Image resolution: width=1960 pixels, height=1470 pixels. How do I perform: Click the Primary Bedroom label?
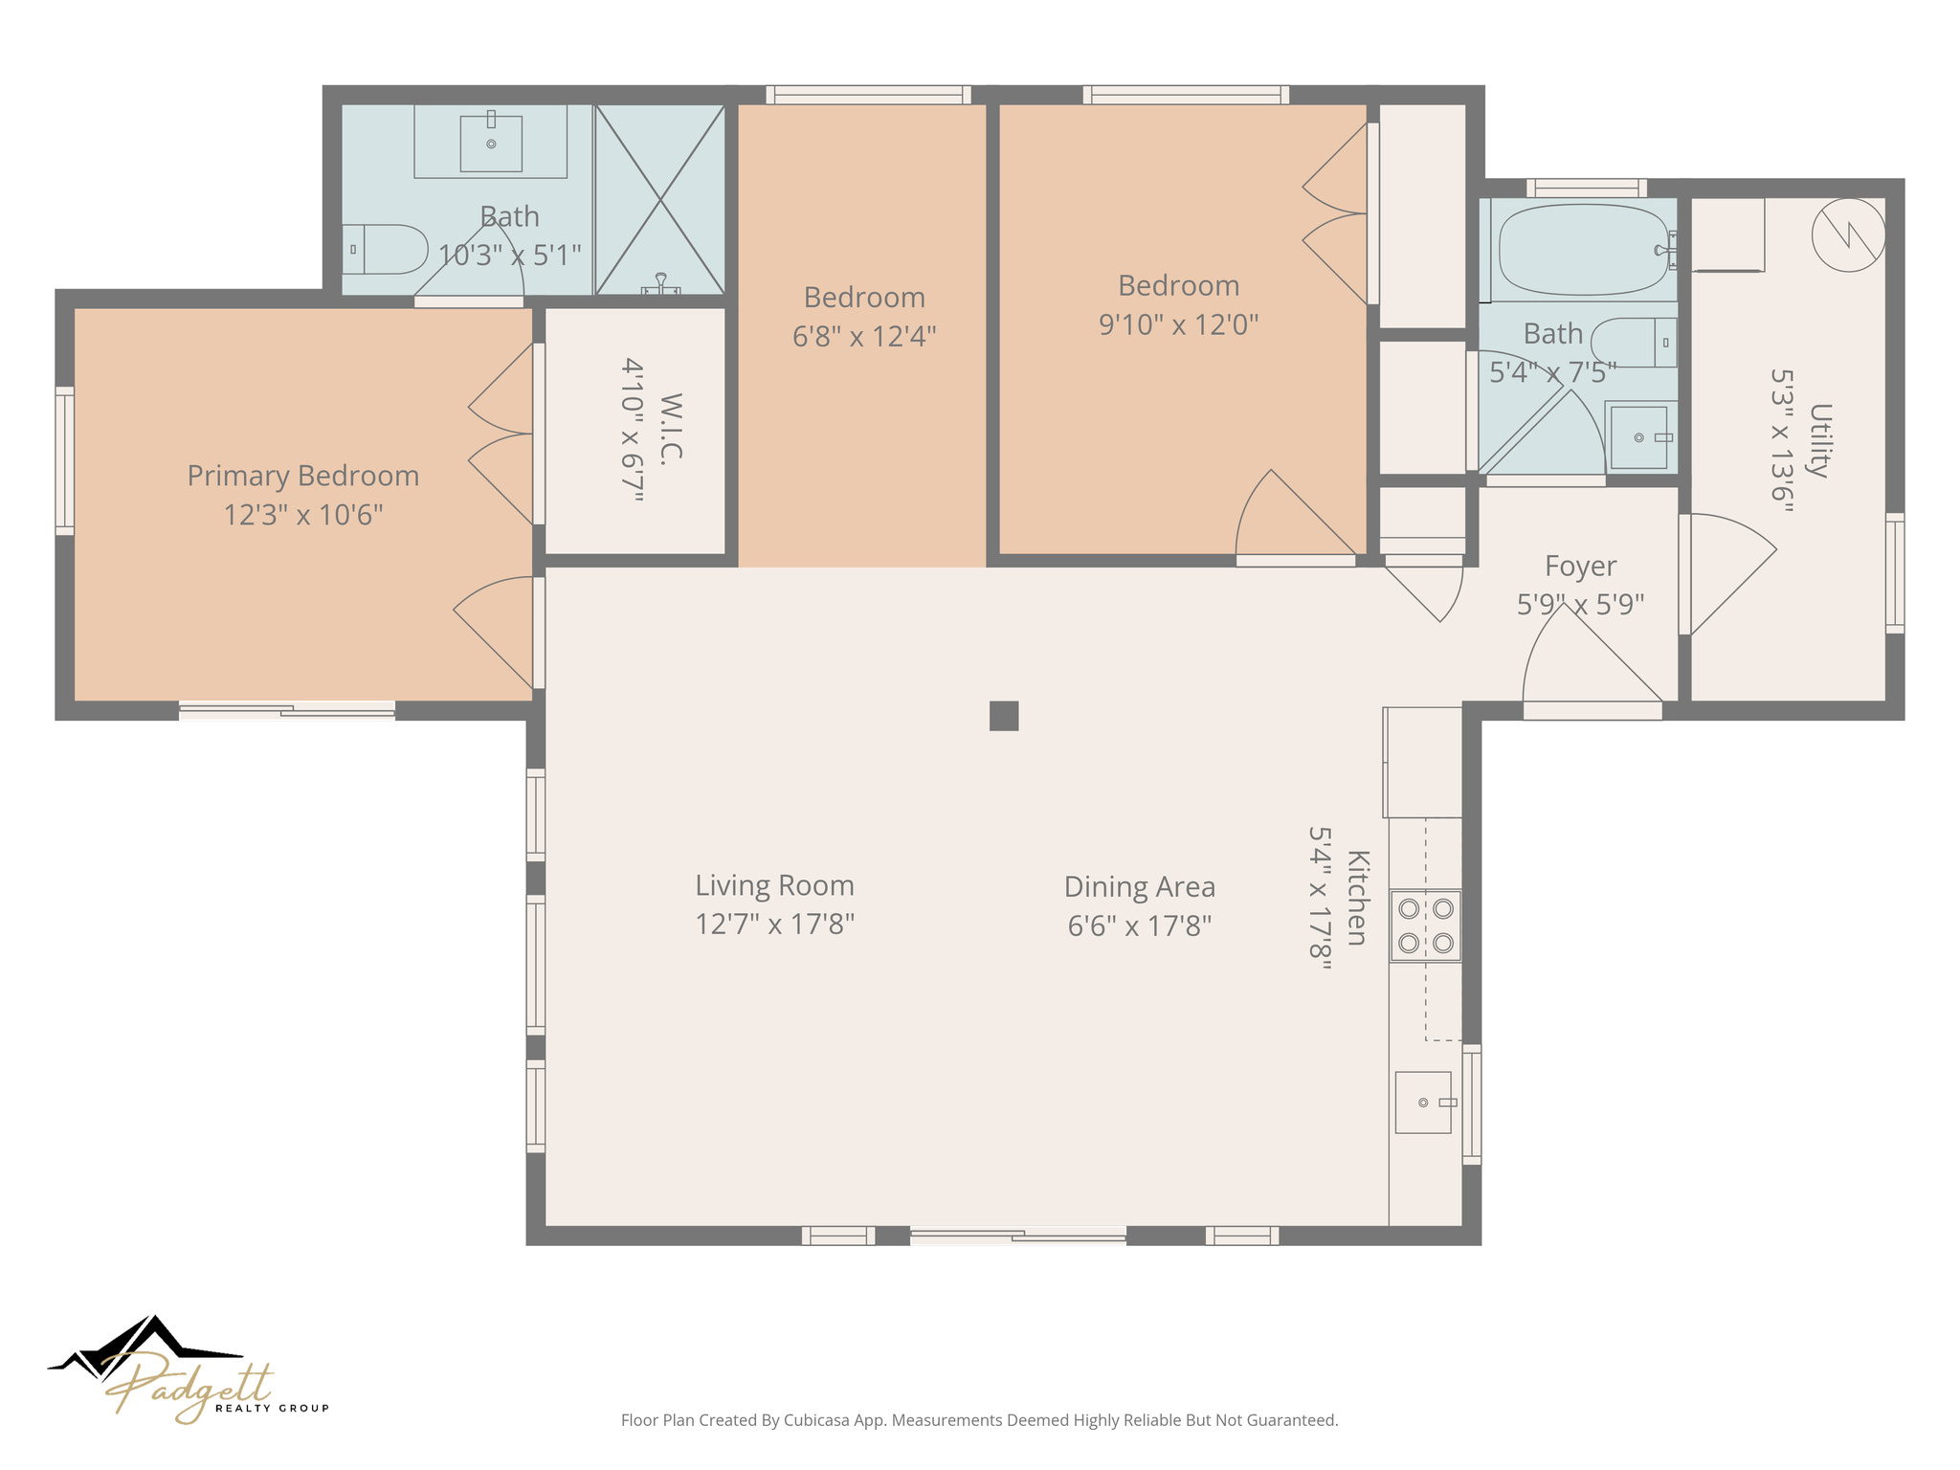(302, 476)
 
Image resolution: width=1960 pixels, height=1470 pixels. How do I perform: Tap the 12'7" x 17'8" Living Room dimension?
(774, 924)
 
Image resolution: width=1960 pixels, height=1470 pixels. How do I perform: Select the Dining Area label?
(1139, 887)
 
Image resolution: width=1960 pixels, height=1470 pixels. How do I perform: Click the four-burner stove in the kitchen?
(1425, 925)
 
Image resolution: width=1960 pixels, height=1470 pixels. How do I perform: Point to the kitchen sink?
(1423, 1102)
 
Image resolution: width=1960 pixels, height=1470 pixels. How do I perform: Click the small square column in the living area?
(1003, 716)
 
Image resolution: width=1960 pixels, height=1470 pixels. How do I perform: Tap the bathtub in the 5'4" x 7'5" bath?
(1584, 250)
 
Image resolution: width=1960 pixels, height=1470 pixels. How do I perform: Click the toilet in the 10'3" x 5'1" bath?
(387, 250)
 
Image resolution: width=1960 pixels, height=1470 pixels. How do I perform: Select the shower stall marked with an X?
(659, 199)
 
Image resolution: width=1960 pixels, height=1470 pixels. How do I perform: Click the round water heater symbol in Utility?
(1848, 234)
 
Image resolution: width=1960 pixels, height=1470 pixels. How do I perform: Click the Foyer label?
(1580, 566)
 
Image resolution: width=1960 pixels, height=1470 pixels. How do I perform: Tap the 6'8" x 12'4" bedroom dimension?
(863, 337)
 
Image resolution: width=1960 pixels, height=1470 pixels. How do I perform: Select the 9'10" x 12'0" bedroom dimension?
(1178, 325)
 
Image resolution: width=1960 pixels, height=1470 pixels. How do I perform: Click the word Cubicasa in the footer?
(815, 1420)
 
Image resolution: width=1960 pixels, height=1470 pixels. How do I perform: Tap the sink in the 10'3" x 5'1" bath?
(491, 144)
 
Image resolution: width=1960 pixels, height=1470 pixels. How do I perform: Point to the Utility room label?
(1819, 440)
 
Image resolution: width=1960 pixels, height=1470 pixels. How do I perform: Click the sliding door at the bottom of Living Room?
(1017, 1236)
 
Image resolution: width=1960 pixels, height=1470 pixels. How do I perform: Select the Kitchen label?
(1357, 897)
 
